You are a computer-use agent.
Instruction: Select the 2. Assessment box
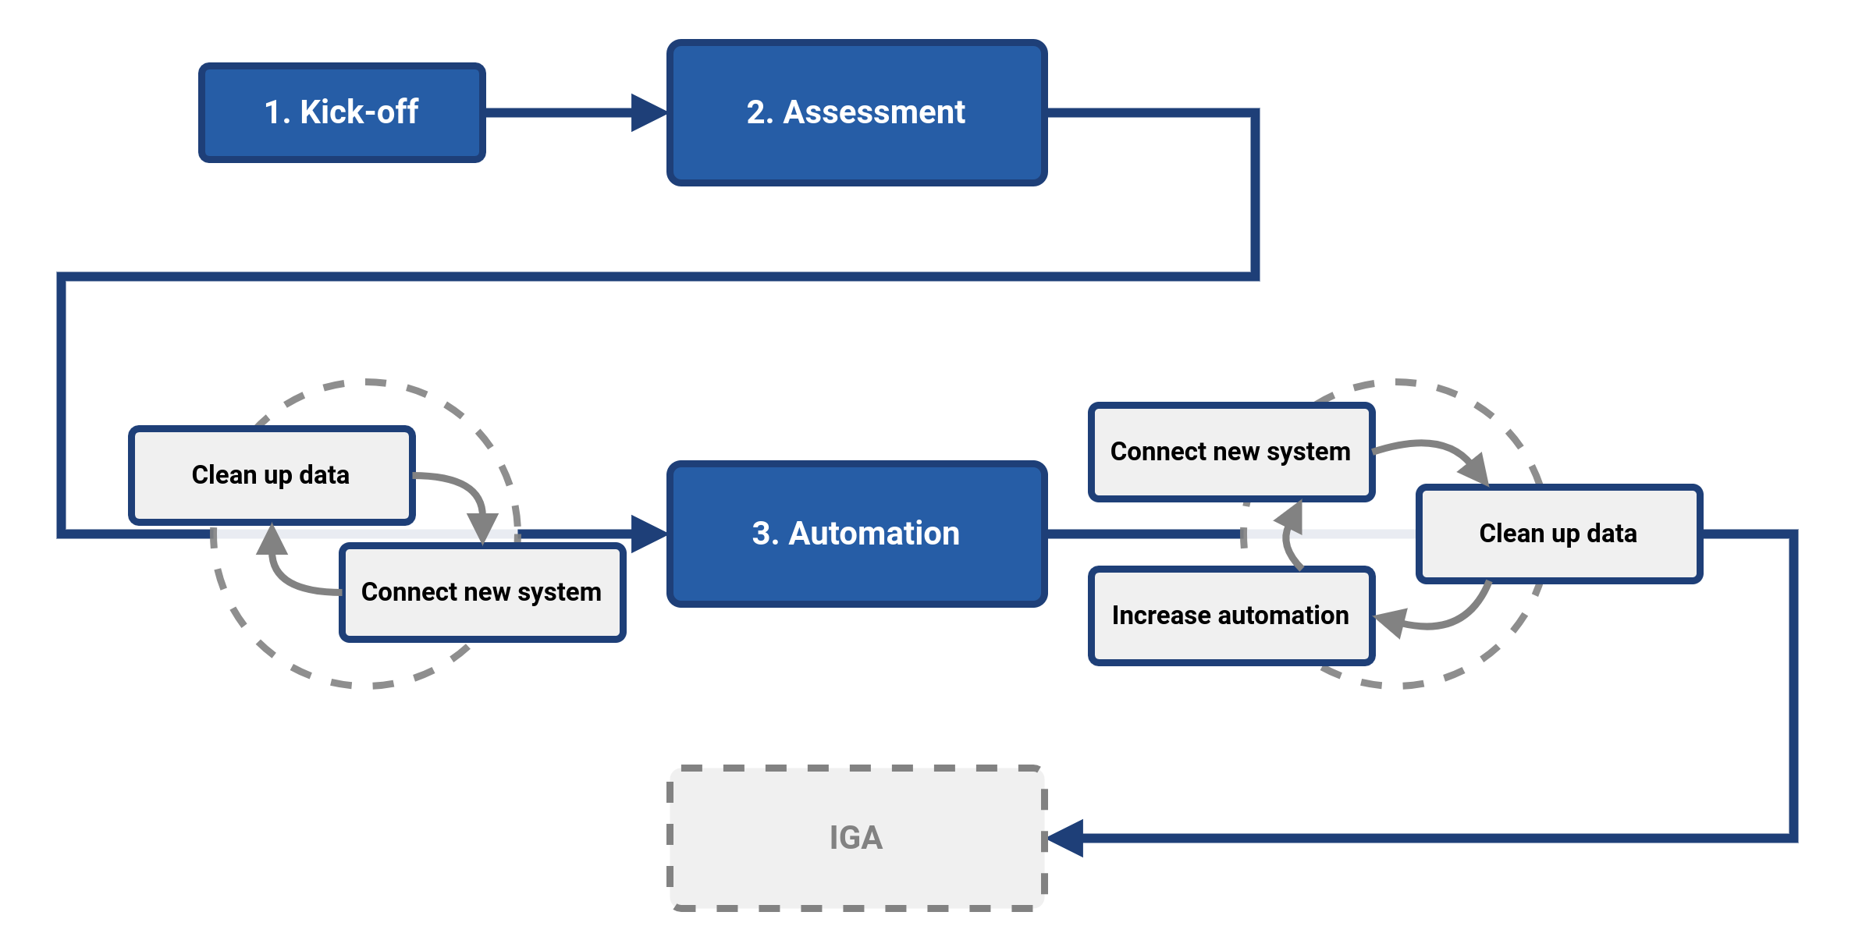pyautogui.click(x=856, y=148)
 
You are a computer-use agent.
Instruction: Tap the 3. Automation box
pyautogui.click(x=856, y=570)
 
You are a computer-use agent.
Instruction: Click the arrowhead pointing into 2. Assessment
pyautogui.click(x=648, y=112)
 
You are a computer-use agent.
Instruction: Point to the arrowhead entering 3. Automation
pyautogui.click(x=648, y=534)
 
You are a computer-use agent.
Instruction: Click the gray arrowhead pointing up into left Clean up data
pyautogui.click(x=272, y=540)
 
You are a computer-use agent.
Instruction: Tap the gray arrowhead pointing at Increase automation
pyautogui.click(x=1391, y=623)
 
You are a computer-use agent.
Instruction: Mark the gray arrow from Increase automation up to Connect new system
pyautogui.click(x=1288, y=538)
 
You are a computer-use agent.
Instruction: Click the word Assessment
pyautogui.click(x=874, y=112)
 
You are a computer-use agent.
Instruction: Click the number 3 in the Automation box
pyautogui.click(x=761, y=534)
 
